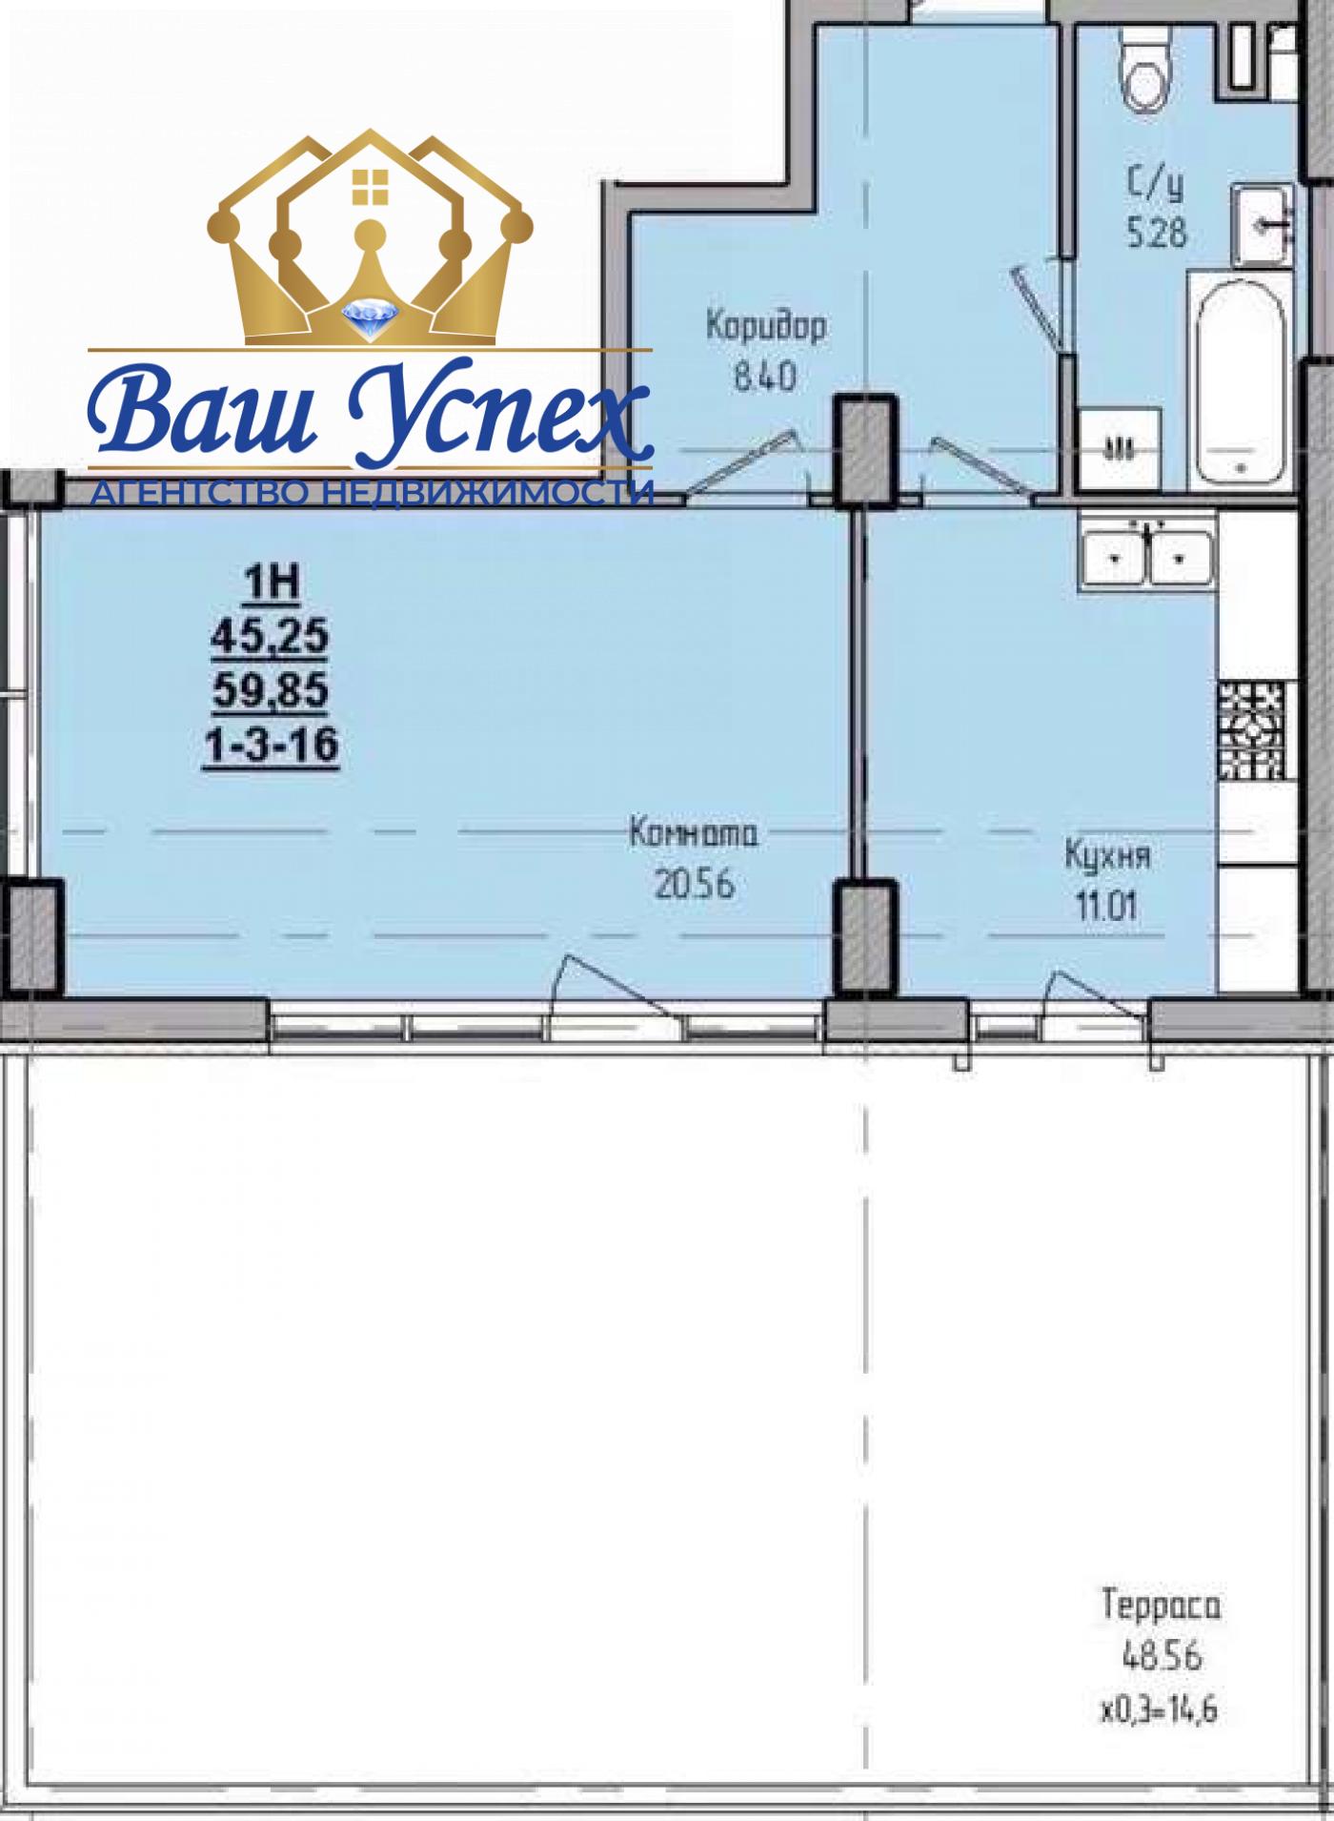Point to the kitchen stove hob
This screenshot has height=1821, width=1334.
click(x=1252, y=728)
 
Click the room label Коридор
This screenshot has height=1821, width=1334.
click(x=766, y=327)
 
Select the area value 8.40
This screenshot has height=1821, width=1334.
click(x=764, y=379)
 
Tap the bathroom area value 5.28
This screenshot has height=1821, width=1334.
click(x=1157, y=233)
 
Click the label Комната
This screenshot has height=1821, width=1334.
click(x=694, y=834)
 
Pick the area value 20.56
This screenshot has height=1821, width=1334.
click(x=695, y=886)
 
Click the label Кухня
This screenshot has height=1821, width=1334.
click(x=1107, y=856)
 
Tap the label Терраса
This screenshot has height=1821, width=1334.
click(x=1161, y=1606)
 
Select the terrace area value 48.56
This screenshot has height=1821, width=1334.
click(x=1162, y=1657)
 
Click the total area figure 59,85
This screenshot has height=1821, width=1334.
click(x=271, y=690)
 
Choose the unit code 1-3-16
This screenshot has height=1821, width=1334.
click(x=271, y=745)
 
